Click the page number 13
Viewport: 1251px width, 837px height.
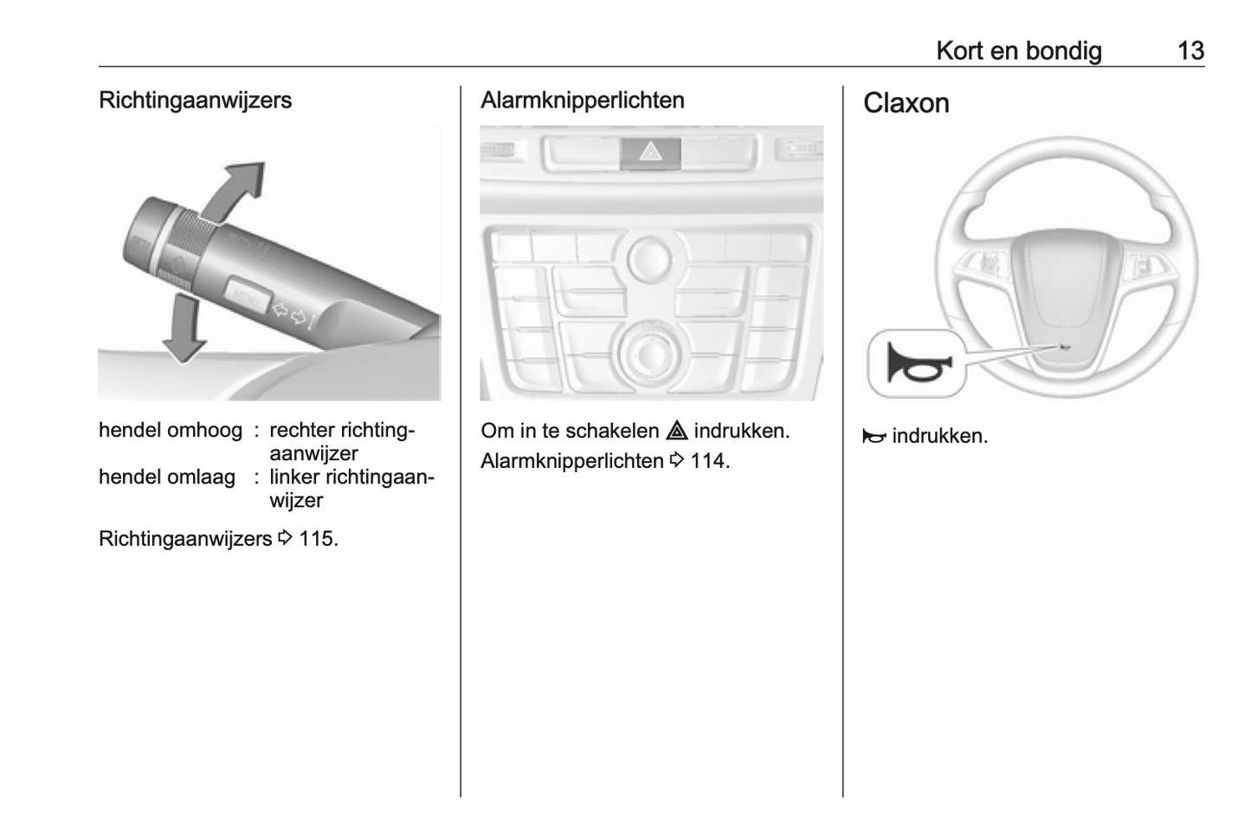(1190, 51)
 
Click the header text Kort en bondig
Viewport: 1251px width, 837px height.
(1018, 51)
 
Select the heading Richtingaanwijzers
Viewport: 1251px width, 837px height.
(195, 101)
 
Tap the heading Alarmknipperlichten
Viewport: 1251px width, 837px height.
(582, 101)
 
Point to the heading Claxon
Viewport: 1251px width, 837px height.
(906, 103)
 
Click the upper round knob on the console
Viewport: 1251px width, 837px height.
(649, 256)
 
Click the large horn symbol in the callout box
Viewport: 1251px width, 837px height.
(917, 363)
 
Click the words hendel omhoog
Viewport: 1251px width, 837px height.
(171, 431)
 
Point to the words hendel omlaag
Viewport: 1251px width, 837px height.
(167, 477)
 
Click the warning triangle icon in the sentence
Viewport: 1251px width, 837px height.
(676, 431)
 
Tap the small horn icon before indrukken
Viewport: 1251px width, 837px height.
(874, 437)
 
